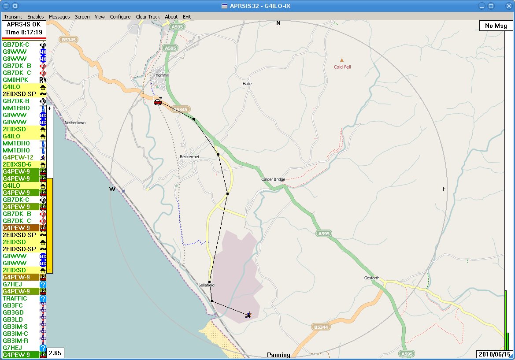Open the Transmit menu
(13, 17)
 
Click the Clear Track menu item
(148, 17)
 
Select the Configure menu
(120, 17)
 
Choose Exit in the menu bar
(187, 17)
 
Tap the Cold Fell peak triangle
(342, 60)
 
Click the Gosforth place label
(372, 278)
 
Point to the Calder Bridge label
(273, 179)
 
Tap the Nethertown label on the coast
(75, 122)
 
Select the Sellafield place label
(206, 285)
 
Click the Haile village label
(247, 83)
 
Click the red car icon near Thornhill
(157, 102)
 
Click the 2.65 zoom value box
(55, 353)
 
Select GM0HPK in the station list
(15, 80)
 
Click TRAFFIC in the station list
(15, 298)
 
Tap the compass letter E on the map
(444, 189)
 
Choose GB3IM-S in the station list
(15, 327)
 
